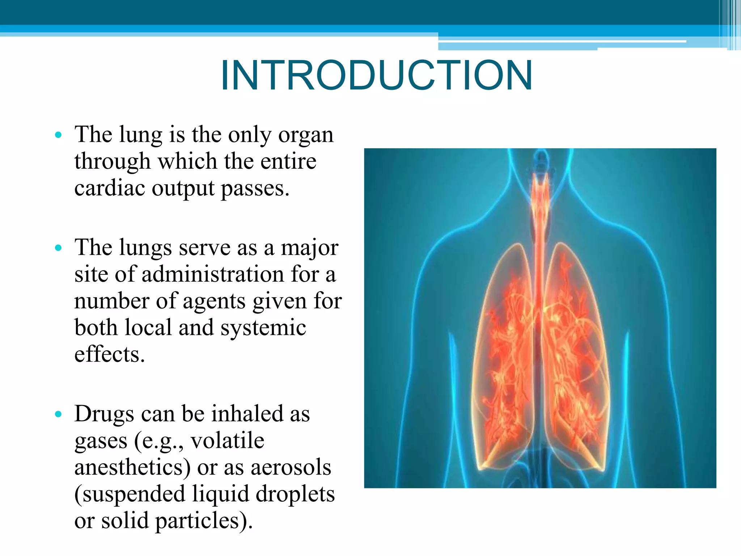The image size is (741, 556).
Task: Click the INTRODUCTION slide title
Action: pyautogui.click(x=376, y=75)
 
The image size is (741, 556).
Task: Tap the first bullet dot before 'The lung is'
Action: pyautogui.click(x=58, y=135)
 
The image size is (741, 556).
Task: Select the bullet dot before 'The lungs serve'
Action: pyautogui.click(x=58, y=248)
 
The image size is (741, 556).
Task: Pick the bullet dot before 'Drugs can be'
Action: pyautogui.click(x=58, y=414)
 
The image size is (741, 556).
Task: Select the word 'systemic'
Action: pyautogui.click(x=263, y=328)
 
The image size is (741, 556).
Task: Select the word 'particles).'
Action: pyautogui.click(x=204, y=521)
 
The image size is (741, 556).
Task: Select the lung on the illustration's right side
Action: pyautogui.click(x=575, y=355)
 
